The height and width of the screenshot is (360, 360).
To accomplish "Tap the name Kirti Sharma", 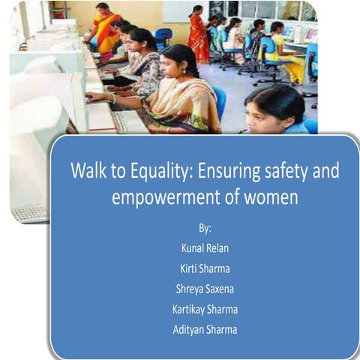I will tap(204, 267).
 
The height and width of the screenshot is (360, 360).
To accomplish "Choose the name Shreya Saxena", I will tap(204, 288).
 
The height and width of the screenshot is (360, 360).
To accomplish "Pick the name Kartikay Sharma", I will tap(204, 309).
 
